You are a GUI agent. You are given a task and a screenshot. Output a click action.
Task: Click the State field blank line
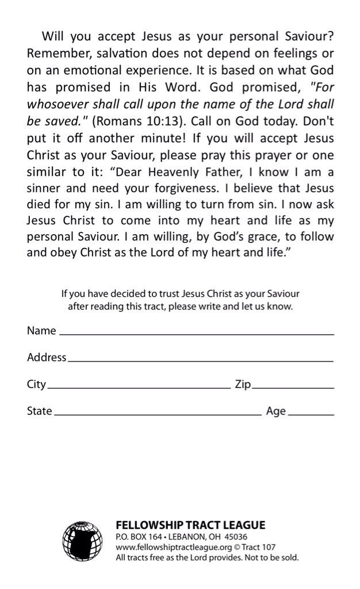click(157, 414)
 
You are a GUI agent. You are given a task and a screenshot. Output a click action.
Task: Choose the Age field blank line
click(311, 414)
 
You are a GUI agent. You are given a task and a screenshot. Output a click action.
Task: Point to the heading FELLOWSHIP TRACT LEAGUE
click(190, 525)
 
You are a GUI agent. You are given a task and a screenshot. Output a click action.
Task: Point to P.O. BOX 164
click(138, 537)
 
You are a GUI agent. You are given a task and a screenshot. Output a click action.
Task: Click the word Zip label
click(243, 384)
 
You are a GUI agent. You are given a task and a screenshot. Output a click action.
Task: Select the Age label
click(276, 411)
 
